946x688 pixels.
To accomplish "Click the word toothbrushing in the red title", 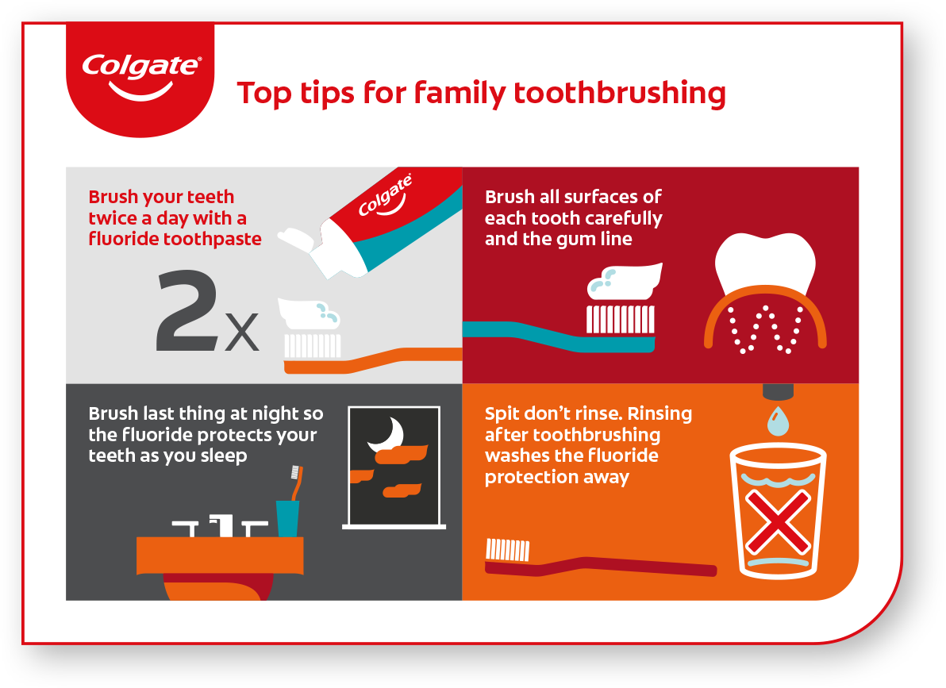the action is coord(620,94).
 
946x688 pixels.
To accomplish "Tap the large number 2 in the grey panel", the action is coord(187,310).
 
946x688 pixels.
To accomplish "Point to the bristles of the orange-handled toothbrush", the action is coord(313,346).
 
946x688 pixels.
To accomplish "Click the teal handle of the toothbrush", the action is coord(558,338).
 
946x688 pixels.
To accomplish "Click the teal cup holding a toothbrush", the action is coord(288,518).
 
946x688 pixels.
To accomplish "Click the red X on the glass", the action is coord(778,521).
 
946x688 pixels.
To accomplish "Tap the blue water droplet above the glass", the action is coord(779,421).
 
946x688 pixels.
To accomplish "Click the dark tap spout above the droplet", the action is coord(779,392).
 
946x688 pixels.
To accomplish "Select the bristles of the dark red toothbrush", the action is coord(508,550).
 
